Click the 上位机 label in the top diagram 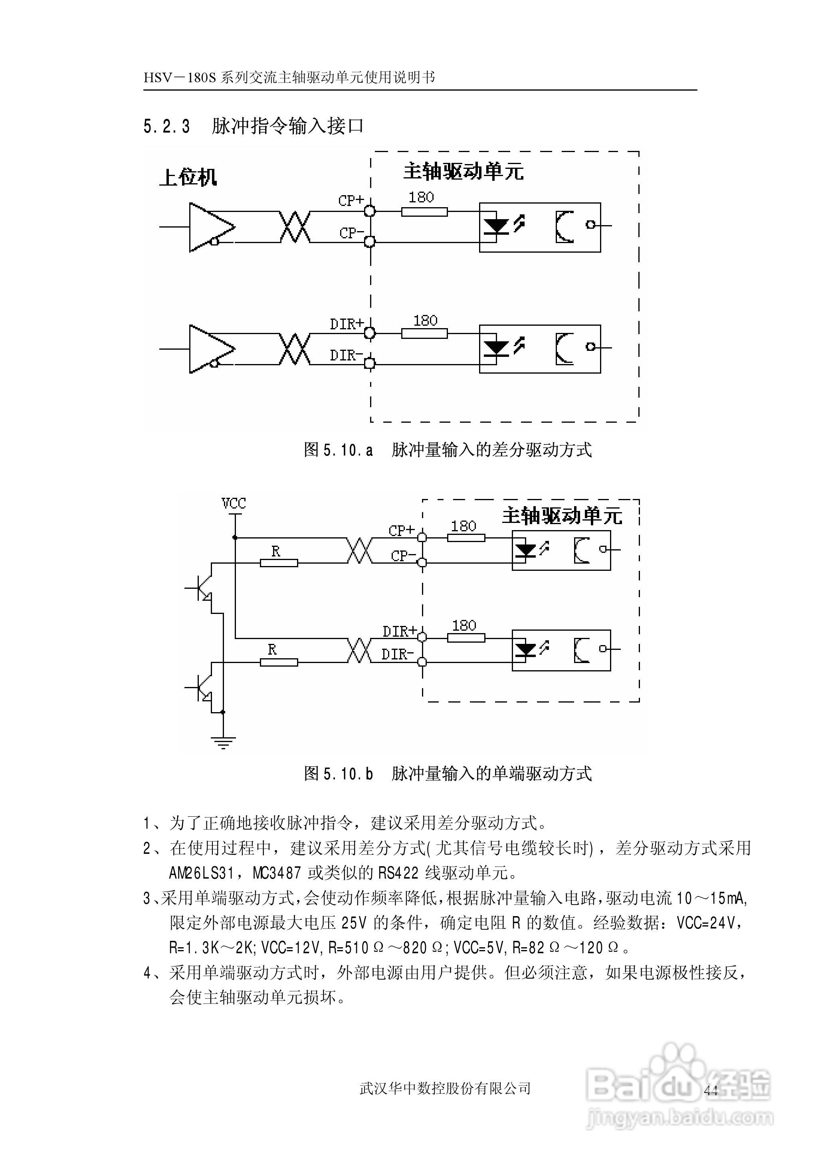tap(188, 178)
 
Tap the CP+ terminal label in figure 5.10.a tap(351, 200)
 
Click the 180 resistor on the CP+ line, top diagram tap(424, 212)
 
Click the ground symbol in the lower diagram tap(223, 743)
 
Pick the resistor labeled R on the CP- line tap(279, 562)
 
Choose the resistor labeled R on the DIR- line tap(279, 662)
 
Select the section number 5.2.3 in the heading tap(167, 126)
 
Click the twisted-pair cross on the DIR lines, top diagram tap(295, 349)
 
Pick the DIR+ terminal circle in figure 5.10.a tap(370, 333)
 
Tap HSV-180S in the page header tap(180, 77)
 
